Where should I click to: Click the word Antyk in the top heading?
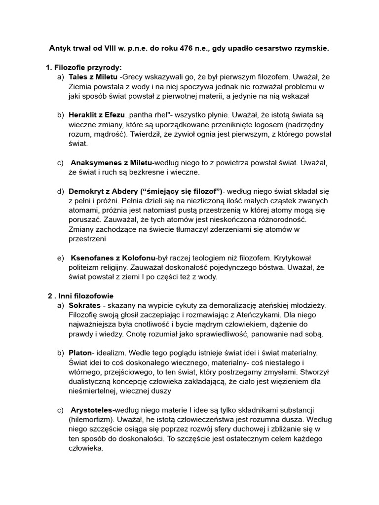(60, 48)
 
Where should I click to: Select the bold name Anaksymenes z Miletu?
(112, 162)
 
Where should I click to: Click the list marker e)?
(60, 257)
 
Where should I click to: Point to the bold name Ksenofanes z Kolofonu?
(113, 257)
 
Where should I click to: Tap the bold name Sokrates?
(84, 306)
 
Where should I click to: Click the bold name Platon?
(80, 353)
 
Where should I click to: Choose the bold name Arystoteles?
(93, 410)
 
